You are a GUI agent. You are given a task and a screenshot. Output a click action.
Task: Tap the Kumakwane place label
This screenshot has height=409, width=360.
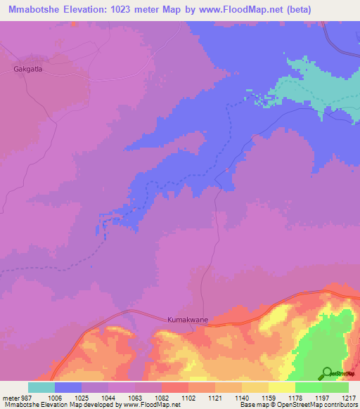click(187, 319)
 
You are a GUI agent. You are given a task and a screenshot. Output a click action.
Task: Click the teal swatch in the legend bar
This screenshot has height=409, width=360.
click(41, 387)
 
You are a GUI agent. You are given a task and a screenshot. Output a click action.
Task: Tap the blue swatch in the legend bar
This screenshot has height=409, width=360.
click(68, 387)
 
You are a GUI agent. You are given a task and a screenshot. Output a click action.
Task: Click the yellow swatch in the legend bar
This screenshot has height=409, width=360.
click(281, 387)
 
